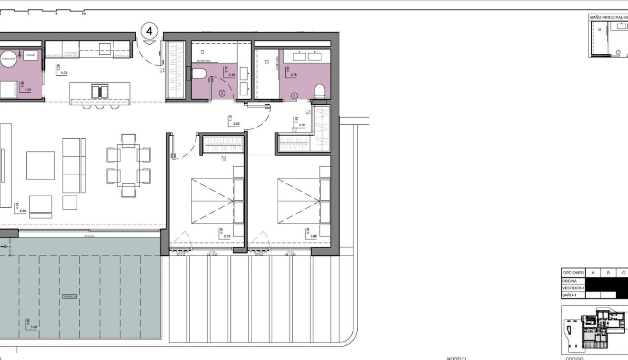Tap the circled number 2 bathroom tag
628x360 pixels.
[221, 93]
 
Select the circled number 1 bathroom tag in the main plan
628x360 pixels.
[294, 96]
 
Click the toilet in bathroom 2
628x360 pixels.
[200, 74]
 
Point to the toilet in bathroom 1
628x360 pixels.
[320, 90]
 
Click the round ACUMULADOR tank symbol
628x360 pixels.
[9, 59]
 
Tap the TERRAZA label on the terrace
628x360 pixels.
[69, 296]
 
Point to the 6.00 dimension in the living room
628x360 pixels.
[22, 210]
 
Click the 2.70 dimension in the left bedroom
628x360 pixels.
[227, 236]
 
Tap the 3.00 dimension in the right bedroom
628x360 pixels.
[313, 236]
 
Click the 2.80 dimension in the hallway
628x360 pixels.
[236, 123]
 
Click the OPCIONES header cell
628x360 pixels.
[573, 273]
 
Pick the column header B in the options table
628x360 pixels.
[608, 273]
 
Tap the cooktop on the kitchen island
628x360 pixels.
[100, 90]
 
